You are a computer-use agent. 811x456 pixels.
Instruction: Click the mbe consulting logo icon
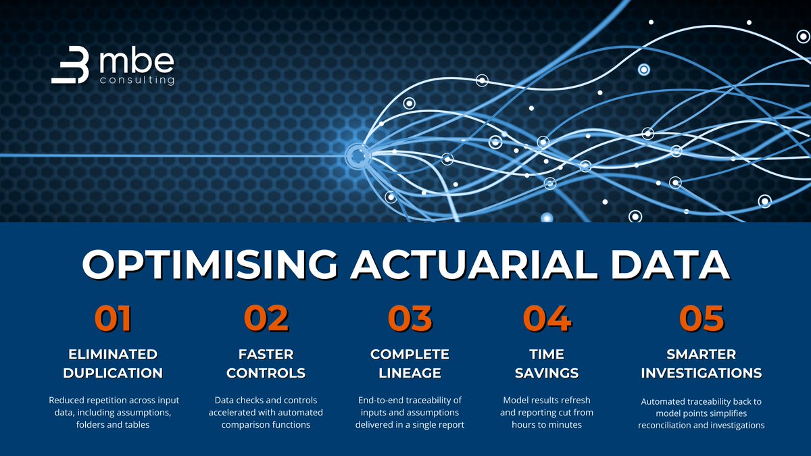[x=70, y=68]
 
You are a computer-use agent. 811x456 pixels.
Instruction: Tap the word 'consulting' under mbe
[x=137, y=80]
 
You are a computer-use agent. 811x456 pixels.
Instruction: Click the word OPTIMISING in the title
[x=207, y=265]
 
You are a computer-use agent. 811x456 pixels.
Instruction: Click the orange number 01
[x=113, y=319]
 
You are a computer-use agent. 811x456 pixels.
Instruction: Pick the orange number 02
[x=266, y=319]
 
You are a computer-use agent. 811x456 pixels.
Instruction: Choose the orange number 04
[x=547, y=319]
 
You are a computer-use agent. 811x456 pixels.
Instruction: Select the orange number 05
[x=702, y=319]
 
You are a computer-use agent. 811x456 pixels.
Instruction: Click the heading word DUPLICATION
[x=114, y=373]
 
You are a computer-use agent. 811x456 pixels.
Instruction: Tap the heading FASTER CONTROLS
[x=266, y=363]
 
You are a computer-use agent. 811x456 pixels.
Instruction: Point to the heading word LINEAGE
[x=410, y=373]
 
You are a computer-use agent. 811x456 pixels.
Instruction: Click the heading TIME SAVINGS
[x=547, y=363]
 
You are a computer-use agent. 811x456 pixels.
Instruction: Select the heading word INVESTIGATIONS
[x=702, y=373]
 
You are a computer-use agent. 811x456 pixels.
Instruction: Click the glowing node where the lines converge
[x=356, y=155]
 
